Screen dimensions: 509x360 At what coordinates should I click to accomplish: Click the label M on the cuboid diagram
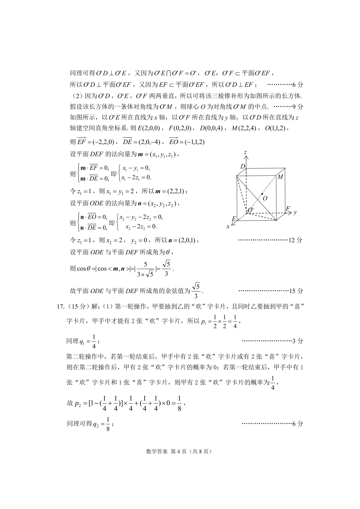coord(280,177)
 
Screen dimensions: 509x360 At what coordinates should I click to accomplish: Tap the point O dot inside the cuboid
coord(262,194)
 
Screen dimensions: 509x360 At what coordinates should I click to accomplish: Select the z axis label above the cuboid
coord(245,152)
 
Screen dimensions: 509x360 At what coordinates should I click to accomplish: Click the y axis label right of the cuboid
coord(295,212)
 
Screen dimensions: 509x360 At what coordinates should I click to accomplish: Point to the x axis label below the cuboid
coord(228,226)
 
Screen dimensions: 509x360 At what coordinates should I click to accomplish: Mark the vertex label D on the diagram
coord(242,167)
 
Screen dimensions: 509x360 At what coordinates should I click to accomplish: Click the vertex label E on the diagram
coord(234,219)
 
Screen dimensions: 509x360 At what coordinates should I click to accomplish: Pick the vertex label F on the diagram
coord(288,209)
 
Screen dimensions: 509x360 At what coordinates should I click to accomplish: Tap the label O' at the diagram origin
coord(250,210)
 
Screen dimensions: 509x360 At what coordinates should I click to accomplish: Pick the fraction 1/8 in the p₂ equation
coord(179,403)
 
